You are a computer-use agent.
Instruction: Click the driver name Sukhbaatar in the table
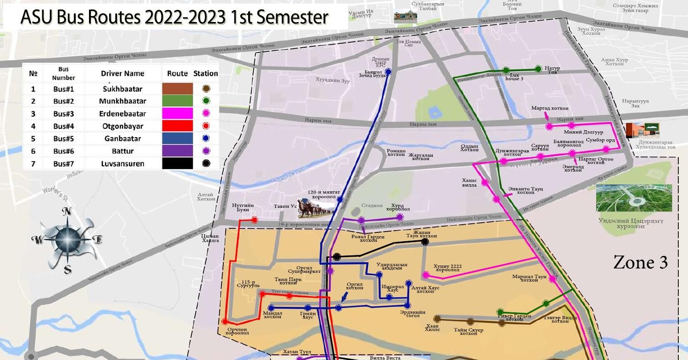pyautogui.click(x=122, y=89)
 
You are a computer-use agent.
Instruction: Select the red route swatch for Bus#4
pyautogui.click(x=177, y=126)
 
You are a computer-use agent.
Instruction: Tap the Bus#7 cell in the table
pyautogui.click(x=63, y=164)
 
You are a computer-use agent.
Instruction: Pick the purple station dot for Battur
pyautogui.click(x=206, y=151)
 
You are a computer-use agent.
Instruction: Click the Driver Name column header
pyautogui.click(x=122, y=73)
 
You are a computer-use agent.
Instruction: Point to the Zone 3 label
pyautogui.click(x=640, y=263)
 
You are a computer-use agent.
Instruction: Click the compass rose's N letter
pyautogui.click(x=67, y=211)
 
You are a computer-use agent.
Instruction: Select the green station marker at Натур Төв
pyautogui.click(x=538, y=69)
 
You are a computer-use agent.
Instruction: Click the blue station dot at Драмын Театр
pyautogui.click(x=388, y=72)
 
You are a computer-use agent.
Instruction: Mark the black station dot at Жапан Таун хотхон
pyautogui.click(x=425, y=242)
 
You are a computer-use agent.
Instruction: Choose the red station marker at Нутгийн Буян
pyautogui.click(x=255, y=220)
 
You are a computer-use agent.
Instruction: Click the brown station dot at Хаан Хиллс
pyautogui.click(x=437, y=318)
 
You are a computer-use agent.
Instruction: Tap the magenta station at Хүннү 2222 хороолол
pyautogui.click(x=426, y=275)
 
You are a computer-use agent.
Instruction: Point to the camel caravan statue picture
pyautogui.click(x=314, y=209)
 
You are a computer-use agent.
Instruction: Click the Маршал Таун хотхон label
pyautogui.click(x=529, y=278)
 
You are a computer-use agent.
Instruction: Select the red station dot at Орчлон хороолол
pyautogui.click(x=225, y=322)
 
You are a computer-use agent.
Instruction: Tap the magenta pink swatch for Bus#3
pyautogui.click(x=177, y=113)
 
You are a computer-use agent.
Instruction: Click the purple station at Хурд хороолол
pyautogui.click(x=399, y=217)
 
